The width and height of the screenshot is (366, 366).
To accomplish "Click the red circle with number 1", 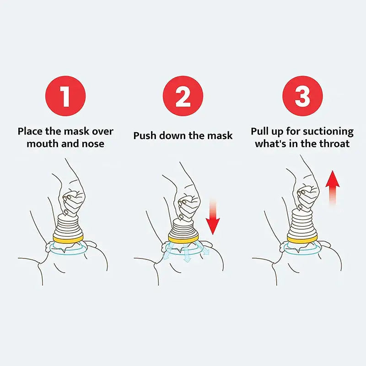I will pyautogui.click(x=65, y=96).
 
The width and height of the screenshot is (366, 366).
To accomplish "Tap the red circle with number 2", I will pyautogui.click(x=183, y=96).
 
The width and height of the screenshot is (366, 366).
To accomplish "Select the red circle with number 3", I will pyautogui.click(x=302, y=96).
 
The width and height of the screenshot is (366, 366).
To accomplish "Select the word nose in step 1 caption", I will pyautogui.click(x=93, y=144).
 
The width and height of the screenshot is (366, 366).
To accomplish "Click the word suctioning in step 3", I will pyautogui.click(x=327, y=132).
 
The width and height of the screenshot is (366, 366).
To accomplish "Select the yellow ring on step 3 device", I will pyautogui.click(x=301, y=238).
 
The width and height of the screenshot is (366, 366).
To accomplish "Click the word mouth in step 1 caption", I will pyautogui.click(x=42, y=144).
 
